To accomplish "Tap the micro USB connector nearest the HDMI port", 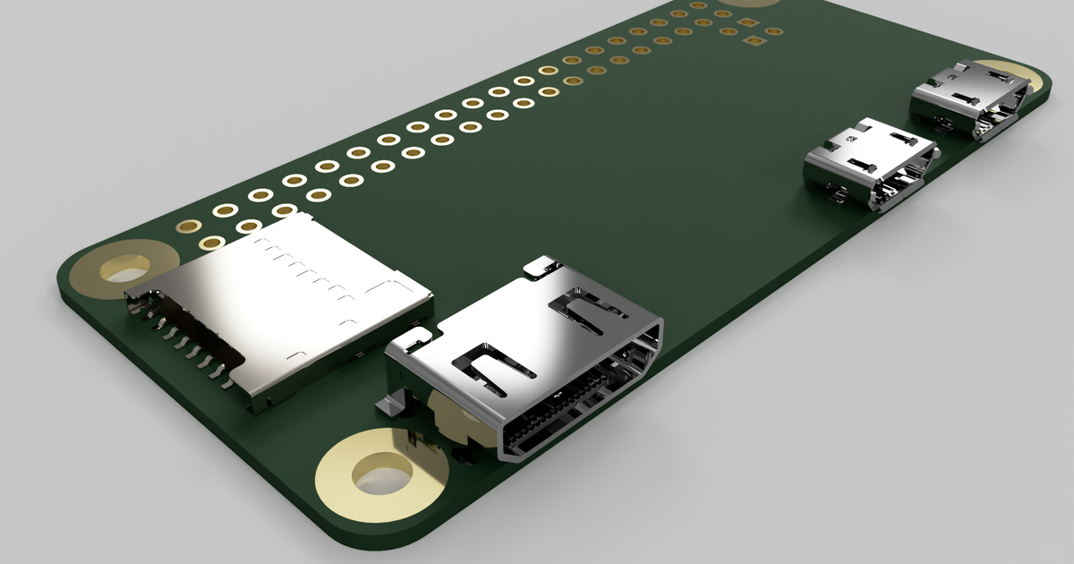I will point(868,161).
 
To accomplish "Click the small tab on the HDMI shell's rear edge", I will point(541,265).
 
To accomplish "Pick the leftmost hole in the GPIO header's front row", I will point(211,243).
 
